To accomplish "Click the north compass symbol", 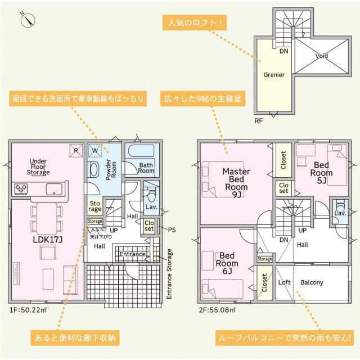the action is point(28,20).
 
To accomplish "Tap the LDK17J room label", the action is point(48,240).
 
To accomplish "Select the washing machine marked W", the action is point(95,151).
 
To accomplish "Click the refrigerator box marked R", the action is point(76,151).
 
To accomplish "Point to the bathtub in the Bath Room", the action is point(141,151).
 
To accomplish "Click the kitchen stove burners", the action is point(21,188).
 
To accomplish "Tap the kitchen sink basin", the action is point(54,190).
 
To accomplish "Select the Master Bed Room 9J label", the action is point(236,183).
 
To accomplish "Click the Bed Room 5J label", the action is point(321,173).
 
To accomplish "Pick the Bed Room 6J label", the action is point(227,263).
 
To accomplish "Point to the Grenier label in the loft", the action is point(274,75).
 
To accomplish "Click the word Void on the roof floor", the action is point(321,56).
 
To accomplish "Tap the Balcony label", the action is point(312,282).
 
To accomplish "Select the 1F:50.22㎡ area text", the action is point(28,310).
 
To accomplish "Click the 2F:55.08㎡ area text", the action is point(217,310).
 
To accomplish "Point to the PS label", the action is point(172,230).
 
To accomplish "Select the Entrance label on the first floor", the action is point(133,254).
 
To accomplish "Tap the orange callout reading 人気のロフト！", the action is point(195,22).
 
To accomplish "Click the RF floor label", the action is point(259,121).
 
